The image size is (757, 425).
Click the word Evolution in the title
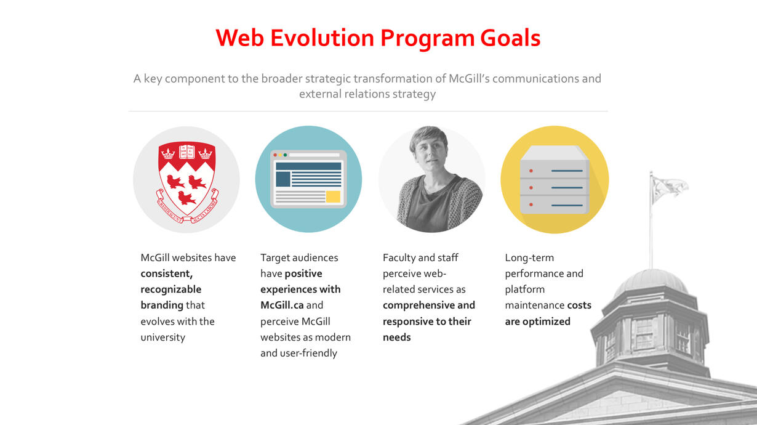(x=322, y=38)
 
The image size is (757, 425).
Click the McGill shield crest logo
(x=186, y=180)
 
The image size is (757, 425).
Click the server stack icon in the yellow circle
(x=555, y=179)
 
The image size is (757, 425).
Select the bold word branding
(x=162, y=306)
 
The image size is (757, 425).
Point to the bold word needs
(x=396, y=338)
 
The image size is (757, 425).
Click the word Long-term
(x=529, y=258)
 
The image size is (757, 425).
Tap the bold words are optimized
(x=537, y=322)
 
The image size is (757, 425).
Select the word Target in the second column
(x=274, y=258)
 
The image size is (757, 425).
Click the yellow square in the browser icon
(x=333, y=196)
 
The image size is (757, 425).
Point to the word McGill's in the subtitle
(x=469, y=79)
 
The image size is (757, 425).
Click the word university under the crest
(x=162, y=338)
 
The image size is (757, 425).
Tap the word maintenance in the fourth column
(x=534, y=306)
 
